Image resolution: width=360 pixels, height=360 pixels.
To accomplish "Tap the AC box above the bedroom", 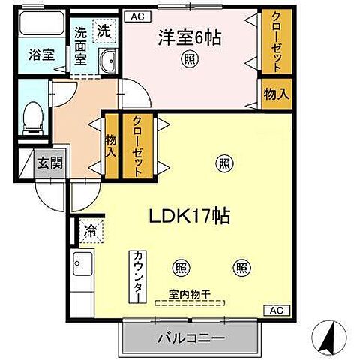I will tap(136, 15).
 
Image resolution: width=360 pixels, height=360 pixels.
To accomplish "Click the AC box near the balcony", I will tap(274, 310).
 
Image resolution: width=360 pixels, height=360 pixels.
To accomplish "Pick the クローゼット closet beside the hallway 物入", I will tap(138, 146).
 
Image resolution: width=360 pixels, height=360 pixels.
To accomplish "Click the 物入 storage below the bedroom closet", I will tap(275, 92).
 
